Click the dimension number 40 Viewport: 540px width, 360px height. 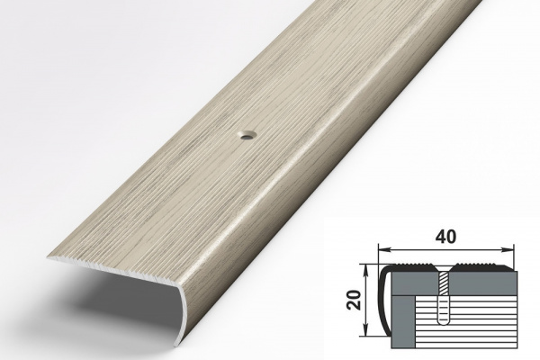tap(446, 237)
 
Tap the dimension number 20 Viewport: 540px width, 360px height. tap(355, 300)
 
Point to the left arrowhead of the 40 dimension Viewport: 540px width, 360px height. tap(383, 248)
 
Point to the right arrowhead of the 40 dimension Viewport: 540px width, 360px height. tap(508, 248)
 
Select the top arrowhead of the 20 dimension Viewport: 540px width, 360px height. tap(368, 270)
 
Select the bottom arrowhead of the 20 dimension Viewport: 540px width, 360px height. tap(368, 331)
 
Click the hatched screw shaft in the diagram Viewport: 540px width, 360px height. tap(443, 283)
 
